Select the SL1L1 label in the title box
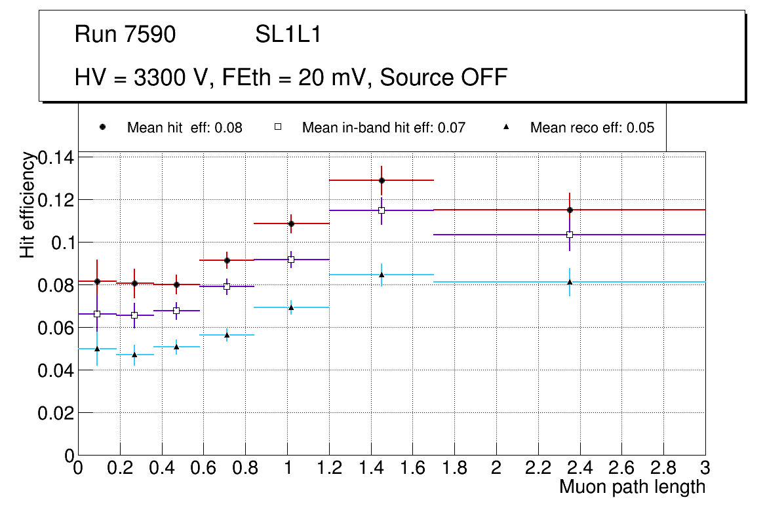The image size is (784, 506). (288, 35)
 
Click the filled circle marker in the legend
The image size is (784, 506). (102, 127)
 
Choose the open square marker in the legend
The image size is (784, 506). (277, 127)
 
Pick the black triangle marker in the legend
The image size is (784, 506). (506, 127)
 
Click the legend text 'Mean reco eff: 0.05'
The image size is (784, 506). (592, 128)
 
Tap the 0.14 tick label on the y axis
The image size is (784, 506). (57, 157)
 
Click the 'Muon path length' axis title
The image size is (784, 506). (632, 487)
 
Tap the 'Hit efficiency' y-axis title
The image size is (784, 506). (28, 204)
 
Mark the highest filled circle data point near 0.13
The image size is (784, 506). (382, 180)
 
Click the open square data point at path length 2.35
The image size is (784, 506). (570, 235)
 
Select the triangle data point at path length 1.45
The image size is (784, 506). (382, 275)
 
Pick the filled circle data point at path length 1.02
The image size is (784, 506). (291, 224)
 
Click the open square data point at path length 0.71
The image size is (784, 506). (227, 286)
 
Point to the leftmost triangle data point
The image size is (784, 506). (97, 348)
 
